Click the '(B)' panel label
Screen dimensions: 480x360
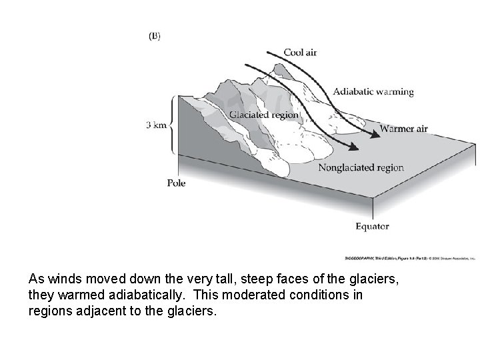pos(154,37)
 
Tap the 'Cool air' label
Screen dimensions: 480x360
pos(300,53)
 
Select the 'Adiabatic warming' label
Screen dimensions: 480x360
pos(373,91)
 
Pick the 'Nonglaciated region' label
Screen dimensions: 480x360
pos(361,167)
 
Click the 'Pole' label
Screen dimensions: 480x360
pos(176,183)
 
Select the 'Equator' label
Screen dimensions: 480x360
pos(372,226)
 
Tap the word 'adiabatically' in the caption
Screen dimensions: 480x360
pos(149,295)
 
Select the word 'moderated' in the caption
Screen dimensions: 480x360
pos(243,295)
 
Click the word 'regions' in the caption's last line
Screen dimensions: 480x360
pos(50,309)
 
